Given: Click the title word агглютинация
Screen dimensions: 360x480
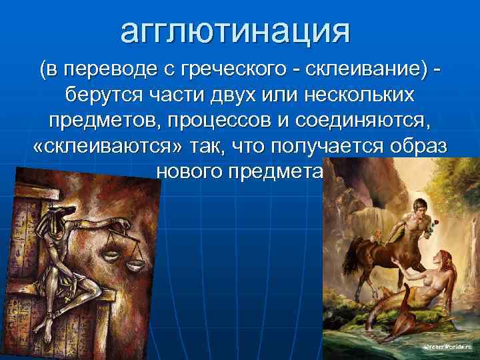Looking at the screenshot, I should (235, 31).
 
